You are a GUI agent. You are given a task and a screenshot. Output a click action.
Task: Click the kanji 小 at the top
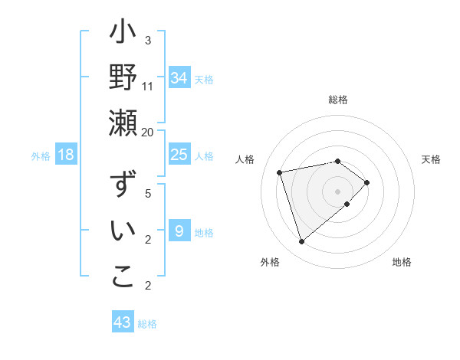123,35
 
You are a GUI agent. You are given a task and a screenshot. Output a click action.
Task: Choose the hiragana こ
123,277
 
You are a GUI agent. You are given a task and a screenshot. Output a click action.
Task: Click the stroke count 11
148,86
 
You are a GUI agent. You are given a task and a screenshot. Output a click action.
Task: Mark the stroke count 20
148,132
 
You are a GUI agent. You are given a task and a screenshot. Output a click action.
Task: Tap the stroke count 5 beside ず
148,194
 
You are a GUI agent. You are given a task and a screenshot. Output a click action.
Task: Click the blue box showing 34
179,77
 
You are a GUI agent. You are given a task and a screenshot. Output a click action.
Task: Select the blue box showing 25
179,155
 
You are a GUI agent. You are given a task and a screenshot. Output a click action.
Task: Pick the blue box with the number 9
179,231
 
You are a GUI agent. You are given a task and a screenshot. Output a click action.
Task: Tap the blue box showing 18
66,155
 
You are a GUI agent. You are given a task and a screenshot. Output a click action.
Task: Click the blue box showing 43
122,322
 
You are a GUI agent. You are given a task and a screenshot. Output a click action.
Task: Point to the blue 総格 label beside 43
147,324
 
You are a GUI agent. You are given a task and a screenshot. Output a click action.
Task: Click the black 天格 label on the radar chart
431,159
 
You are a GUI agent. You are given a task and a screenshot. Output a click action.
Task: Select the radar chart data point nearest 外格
301,242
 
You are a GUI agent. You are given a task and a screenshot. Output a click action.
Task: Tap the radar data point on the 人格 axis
280,172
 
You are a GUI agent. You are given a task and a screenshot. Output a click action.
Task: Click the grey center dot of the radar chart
337,191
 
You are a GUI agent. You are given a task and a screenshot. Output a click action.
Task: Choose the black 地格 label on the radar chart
402,262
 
